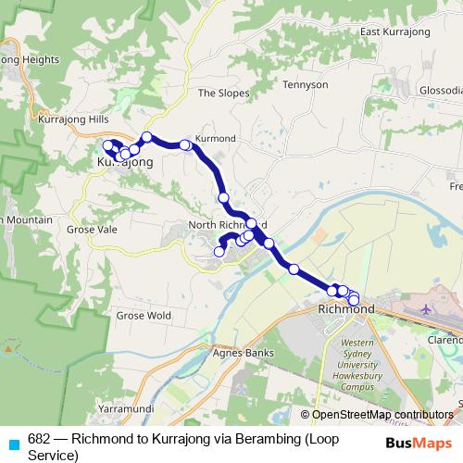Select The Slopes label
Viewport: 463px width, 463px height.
pos(219,93)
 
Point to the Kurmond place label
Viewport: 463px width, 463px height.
pos(216,138)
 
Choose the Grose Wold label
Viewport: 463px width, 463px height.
pos(144,315)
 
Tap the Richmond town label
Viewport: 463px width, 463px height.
pos(345,308)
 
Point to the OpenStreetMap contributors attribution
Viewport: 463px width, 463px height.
pos(376,415)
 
